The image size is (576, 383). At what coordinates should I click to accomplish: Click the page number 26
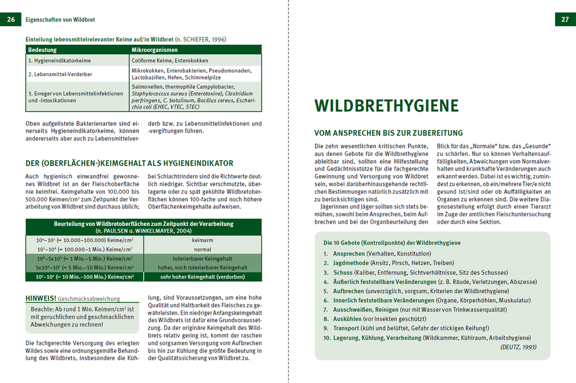(x=11, y=19)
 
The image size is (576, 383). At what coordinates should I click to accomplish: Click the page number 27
(x=565, y=19)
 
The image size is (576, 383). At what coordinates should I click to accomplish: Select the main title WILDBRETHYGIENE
(x=386, y=106)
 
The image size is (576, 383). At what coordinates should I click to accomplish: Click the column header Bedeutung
(x=42, y=50)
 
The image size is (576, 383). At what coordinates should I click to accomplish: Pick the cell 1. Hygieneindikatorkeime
(x=59, y=60)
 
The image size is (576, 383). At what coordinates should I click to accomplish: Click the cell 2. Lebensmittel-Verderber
(x=60, y=74)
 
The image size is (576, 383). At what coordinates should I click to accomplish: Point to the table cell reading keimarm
(x=202, y=240)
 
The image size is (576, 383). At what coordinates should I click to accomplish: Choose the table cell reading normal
(x=202, y=249)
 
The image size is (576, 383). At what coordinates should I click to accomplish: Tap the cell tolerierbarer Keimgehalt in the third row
(x=202, y=258)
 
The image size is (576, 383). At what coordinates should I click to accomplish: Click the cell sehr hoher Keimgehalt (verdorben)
(x=202, y=277)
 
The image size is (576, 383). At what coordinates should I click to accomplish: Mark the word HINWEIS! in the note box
(x=41, y=298)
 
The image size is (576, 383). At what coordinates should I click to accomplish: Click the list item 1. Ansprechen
(x=344, y=254)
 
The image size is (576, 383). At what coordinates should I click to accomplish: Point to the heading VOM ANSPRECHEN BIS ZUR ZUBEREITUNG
(x=389, y=133)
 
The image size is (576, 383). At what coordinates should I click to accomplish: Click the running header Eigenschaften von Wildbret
(x=60, y=20)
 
